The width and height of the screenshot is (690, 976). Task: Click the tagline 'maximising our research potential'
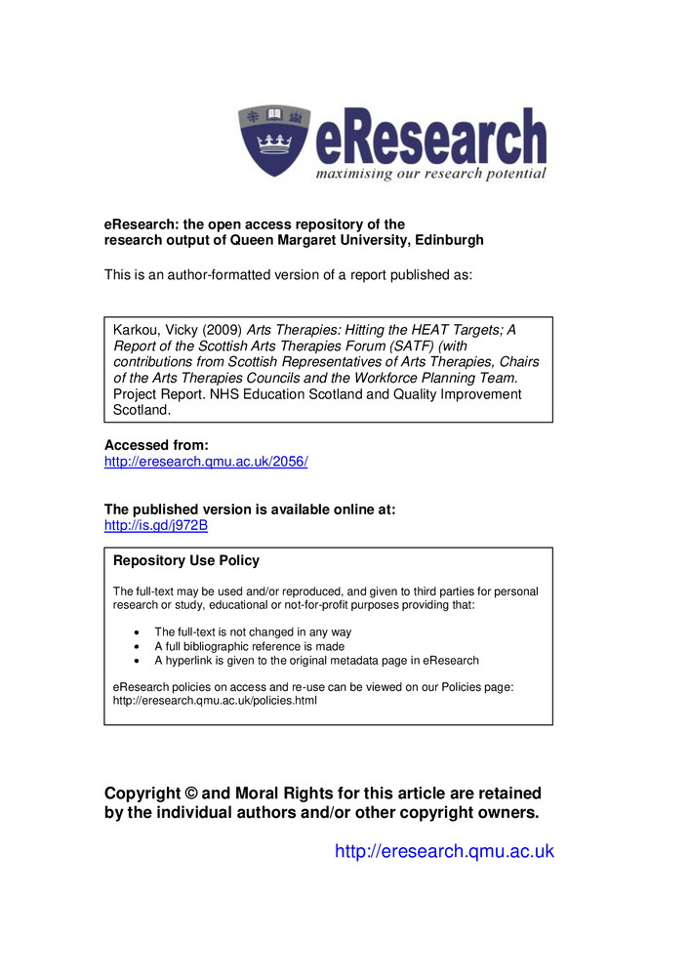[430, 174]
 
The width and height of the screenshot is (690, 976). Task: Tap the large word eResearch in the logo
[429, 139]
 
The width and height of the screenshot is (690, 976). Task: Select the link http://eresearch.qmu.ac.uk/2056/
[206, 462]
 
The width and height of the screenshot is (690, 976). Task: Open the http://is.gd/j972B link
[156, 525]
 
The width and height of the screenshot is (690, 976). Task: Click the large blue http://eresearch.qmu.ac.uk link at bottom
[444, 851]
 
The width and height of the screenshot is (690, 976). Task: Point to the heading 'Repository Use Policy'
[186, 561]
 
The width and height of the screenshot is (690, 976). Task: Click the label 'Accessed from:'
[156, 445]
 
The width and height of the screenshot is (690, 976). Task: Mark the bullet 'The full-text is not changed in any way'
[253, 632]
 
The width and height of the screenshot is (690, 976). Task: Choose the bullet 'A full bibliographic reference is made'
[249, 646]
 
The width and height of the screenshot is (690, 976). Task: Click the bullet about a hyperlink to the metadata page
[316, 661]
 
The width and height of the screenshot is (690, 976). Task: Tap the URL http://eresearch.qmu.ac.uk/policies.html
[215, 701]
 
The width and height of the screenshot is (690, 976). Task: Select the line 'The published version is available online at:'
[249, 509]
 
